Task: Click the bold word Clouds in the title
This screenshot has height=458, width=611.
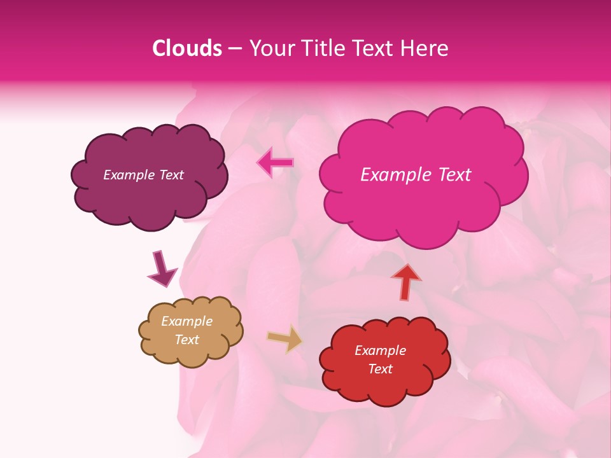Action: click(x=187, y=48)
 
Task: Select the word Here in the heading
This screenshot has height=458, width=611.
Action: click(x=426, y=48)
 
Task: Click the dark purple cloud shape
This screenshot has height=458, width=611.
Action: click(x=149, y=197)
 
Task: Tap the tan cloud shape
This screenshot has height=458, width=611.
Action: click(x=191, y=353)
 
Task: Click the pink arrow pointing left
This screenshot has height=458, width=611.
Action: click(x=276, y=162)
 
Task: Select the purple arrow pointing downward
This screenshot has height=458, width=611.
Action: click(x=162, y=268)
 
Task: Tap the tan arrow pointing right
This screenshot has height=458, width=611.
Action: click(x=285, y=338)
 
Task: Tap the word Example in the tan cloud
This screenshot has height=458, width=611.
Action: click(x=187, y=321)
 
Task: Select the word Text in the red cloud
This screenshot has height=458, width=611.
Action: click(x=380, y=369)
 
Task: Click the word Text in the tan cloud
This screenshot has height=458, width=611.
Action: click(x=187, y=340)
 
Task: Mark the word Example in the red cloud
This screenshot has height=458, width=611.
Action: click(x=380, y=350)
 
